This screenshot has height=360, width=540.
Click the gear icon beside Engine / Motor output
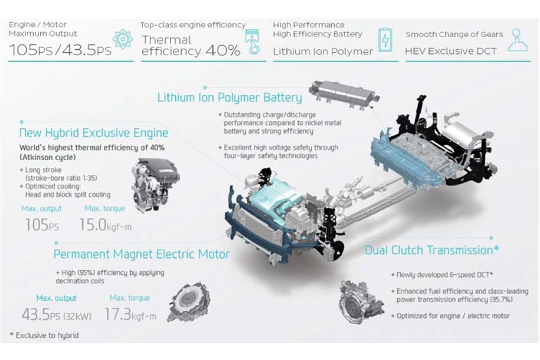coord(122,39)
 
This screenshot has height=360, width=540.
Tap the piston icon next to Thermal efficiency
coord(252,41)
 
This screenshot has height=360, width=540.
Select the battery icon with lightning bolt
coord(385,40)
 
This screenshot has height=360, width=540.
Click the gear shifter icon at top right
coord(518,40)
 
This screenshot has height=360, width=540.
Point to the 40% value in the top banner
coord(223,51)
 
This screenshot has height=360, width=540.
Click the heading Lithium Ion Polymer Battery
coord(229,97)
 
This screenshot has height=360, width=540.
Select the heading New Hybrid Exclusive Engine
coord(94,133)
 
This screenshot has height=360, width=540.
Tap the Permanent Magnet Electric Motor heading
coord(141,254)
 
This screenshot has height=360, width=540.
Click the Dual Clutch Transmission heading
coord(432,250)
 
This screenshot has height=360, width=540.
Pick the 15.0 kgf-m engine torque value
coord(106,225)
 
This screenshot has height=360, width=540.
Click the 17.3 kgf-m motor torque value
coord(130,314)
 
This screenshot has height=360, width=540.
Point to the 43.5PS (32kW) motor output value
coord(56,314)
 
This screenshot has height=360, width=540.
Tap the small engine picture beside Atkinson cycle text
coord(155,185)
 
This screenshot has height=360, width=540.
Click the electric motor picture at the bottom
coord(188,302)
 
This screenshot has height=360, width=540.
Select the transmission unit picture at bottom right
coord(361,302)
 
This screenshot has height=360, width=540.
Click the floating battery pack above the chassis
coord(344,92)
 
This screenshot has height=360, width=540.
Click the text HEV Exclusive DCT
coord(451,52)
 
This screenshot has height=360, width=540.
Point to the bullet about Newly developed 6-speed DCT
coord(442,275)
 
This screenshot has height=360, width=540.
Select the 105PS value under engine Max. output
coord(42,225)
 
